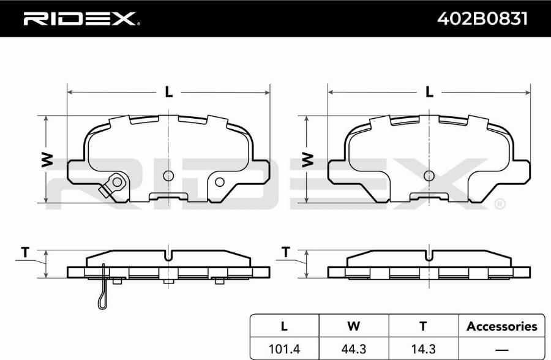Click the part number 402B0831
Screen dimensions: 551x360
(x=482, y=19)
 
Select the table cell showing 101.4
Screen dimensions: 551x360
(x=284, y=349)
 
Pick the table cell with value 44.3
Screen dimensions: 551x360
(x=353, y=349)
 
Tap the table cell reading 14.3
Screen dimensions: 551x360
(x=423, y=349)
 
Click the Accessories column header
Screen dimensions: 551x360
(x=502, y=326)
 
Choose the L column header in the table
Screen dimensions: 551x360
(x=284, y=326)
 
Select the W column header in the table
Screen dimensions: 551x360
(x=353, y=326)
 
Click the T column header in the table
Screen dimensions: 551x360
(x=423, y=326)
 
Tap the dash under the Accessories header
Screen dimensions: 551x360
(x=502, y=350)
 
